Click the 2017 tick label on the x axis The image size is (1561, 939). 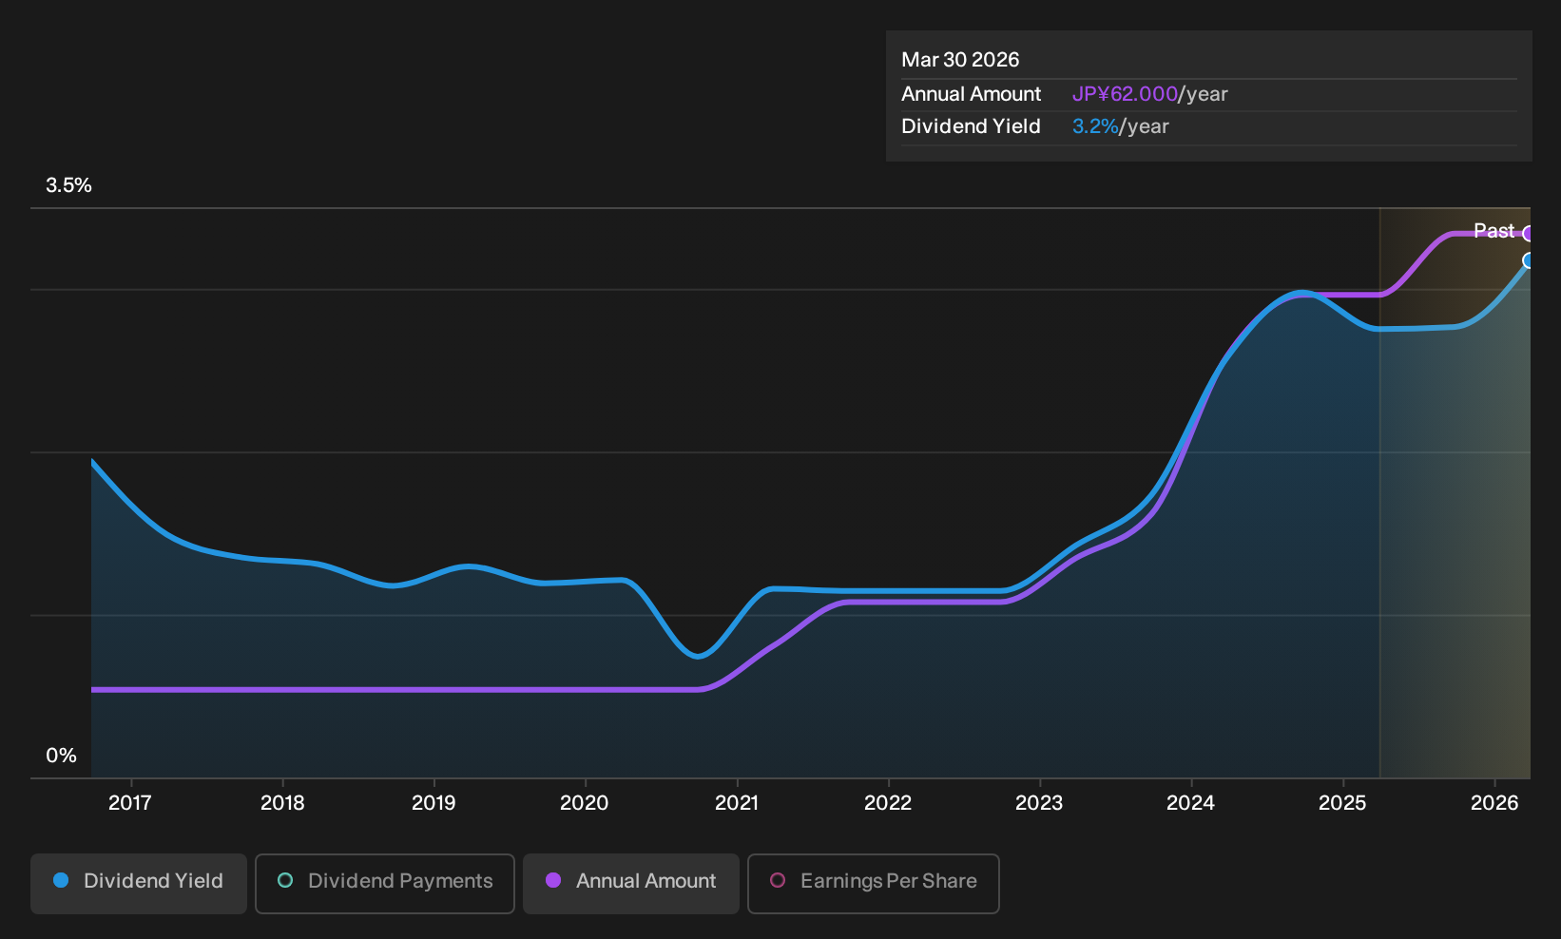tap(130, 803)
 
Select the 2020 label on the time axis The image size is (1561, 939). tap(585, 803)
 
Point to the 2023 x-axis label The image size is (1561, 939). tap(1039, 803)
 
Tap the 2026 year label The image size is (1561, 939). tap(1494, 803)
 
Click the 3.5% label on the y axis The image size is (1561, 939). tap(69, 185)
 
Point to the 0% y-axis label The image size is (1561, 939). tap(62, 756)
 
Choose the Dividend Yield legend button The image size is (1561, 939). tap(139, 883)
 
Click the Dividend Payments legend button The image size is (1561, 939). tap(385, 883)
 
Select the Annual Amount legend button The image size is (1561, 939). tap(630, 883)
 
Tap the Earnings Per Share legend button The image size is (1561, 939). tap(873, 883)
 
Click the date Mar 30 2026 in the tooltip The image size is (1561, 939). tap(960, 60)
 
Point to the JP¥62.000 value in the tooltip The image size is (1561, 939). tap(1125, 94)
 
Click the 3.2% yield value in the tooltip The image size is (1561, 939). tap(1095, 126)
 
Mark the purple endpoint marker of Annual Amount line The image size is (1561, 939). tap(1529, 234)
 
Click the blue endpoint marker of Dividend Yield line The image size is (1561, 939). tap(1529, 260)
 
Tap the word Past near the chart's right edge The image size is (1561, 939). tap(1494, 231)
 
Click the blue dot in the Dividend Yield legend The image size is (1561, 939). tap(62, 880)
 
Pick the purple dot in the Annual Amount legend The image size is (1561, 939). tap(553, 880)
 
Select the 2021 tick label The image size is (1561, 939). tap(737, 803)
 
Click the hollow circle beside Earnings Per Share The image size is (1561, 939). tap(778, 880)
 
